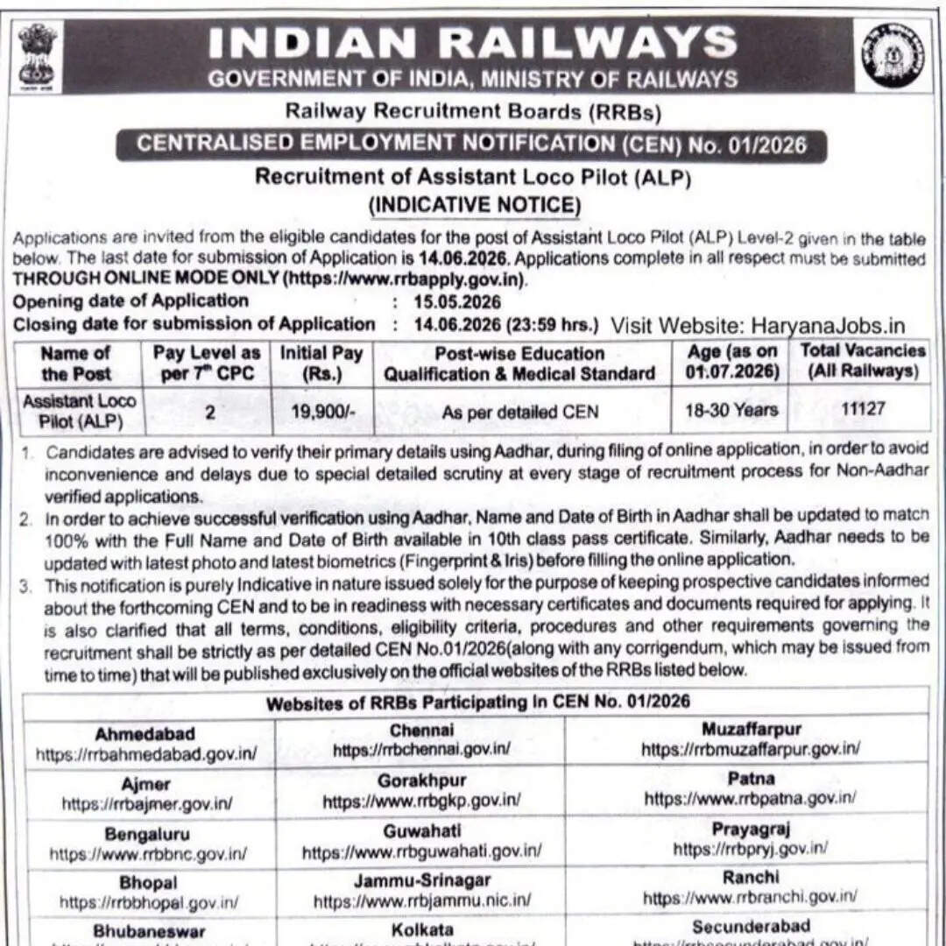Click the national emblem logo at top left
tap(37, 55)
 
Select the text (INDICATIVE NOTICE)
tap(474, 205)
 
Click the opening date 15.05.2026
tap(459, 302)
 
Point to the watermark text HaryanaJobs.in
tap(828, 326)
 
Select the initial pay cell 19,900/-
tap(323, 411)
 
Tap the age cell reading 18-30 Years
tap(731, 409)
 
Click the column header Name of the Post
tap(76, 364)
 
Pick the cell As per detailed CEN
tap(520, 411)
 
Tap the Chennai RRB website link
tap(421, 750)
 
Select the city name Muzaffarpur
tap(751, 729)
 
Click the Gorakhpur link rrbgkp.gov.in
tap(421, 801)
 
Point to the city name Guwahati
tap(421, 830)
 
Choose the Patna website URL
tap(751, 798)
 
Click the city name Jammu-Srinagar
tap(421, 879)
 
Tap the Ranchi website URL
tap(751, 897)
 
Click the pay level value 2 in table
tap(209, 411)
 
